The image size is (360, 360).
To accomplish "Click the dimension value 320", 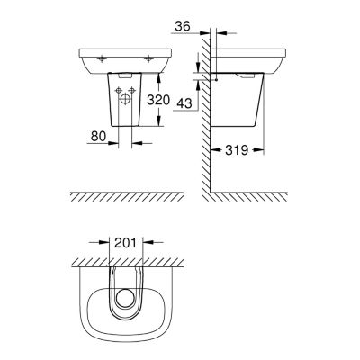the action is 158,100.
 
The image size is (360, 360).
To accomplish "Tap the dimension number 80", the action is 99,137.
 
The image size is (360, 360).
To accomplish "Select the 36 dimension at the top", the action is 183,27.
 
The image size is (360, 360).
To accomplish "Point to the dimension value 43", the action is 184,103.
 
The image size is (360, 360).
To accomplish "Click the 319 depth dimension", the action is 237,150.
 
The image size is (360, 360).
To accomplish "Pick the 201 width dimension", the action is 125,242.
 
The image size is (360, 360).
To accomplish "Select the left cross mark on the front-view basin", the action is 103,59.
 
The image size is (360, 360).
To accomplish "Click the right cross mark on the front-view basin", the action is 148,59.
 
